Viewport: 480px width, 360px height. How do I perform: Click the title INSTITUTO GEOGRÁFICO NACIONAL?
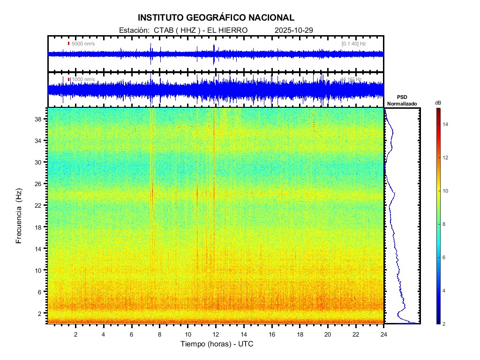point(216,18)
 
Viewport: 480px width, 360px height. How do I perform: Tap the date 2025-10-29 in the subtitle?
point(294,30)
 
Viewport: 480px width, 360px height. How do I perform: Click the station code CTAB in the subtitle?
point(162,30)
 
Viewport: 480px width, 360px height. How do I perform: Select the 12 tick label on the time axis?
point(216,334)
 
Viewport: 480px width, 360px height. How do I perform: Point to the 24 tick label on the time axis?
point(383,334)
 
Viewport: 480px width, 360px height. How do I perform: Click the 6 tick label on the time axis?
point(132,334)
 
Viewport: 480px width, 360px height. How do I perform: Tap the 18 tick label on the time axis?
point(300,334)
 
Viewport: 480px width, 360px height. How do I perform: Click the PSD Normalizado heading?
point(402,100)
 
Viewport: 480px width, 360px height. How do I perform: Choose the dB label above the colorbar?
point(438,103)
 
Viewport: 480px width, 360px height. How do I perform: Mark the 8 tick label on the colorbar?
point(445,225)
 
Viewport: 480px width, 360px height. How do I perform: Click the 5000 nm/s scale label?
point(83,44)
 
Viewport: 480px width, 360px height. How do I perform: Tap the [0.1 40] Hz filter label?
point(354,44)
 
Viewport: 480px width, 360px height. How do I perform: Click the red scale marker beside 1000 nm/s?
point(69,80)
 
